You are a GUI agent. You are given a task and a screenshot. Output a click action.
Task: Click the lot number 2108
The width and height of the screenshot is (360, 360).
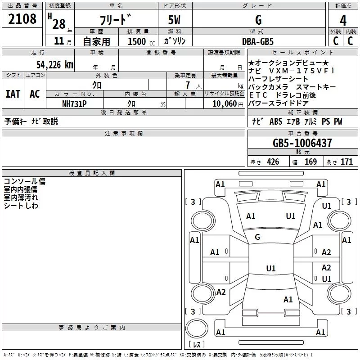[x=22, y=19]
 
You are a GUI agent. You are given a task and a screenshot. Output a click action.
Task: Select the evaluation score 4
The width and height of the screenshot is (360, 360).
[x=343, y=20]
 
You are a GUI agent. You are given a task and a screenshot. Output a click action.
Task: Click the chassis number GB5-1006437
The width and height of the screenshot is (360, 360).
[x=302, y=143]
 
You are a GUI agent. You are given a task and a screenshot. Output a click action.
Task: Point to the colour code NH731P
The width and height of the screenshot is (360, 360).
[x=74, y=103]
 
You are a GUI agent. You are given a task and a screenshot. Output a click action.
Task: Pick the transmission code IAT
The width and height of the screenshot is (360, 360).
[x=13, y=94]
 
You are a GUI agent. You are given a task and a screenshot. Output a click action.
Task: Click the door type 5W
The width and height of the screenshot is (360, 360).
[x=174, y=20]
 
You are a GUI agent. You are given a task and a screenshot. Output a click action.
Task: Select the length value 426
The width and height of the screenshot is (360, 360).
[x=272, y=162]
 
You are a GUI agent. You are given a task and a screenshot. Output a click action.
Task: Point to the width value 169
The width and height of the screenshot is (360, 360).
[x=310, y=162]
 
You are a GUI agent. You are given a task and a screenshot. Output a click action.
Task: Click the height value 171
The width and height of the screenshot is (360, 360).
[x=346, y=162]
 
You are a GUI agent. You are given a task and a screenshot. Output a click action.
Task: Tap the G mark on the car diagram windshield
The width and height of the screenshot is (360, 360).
[x=257, y=237]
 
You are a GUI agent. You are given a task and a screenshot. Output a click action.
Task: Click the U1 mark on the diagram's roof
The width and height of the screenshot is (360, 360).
[x=270, y=269]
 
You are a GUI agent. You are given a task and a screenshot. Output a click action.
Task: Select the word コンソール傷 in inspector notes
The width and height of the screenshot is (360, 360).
[x=25, y=181]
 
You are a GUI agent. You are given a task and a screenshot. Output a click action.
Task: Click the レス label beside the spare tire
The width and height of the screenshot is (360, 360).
[x=196, y=345]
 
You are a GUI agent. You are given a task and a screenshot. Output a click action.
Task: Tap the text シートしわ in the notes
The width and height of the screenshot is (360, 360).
[x=21, y=206]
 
